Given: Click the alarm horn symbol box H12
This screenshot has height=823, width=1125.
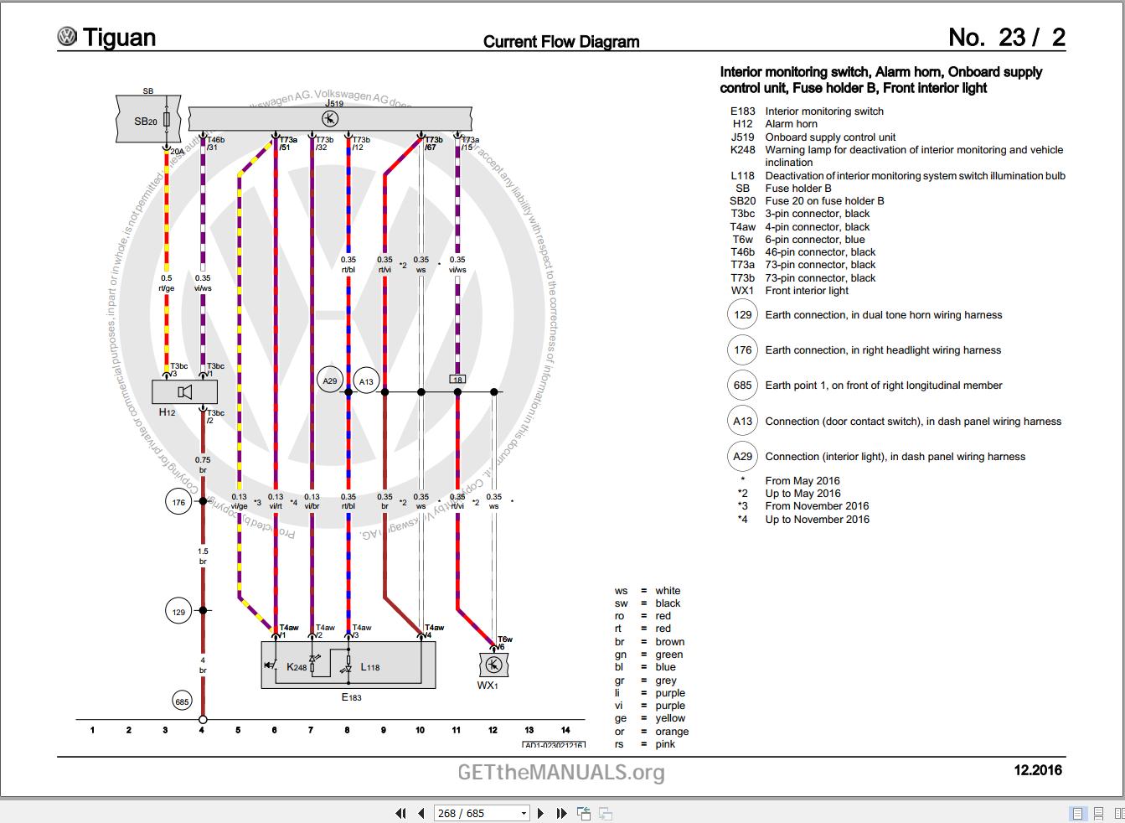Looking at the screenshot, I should click(184, 391).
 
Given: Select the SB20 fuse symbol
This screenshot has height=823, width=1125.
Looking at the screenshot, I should click(167, 121).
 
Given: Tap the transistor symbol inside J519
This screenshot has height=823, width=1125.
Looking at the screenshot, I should click(329, 118).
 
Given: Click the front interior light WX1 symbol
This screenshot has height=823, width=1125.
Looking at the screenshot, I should click(493, 665).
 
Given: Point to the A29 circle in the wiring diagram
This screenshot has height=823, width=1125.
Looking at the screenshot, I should click(329, 381).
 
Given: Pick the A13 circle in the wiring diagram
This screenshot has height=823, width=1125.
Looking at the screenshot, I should click(366, 382).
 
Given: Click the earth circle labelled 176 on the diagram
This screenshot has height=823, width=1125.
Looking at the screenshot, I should click(178, 503).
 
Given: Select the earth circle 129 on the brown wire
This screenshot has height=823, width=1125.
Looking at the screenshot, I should click(178, 612).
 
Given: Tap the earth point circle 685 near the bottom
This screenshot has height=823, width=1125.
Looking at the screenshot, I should click(182, 701).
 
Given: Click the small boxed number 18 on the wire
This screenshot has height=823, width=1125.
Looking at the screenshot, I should click(457, 380).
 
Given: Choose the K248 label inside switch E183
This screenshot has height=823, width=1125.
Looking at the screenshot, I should click(297, 667).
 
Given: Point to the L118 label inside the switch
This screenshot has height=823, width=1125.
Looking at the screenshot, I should click(370, 667).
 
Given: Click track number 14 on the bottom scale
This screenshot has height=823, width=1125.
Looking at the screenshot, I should click(565, 730).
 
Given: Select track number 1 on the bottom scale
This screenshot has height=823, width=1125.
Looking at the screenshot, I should click(92, 730).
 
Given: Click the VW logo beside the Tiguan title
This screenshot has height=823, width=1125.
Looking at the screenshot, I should click(67, 37).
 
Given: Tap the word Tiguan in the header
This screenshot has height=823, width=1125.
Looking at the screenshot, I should click(119, 38).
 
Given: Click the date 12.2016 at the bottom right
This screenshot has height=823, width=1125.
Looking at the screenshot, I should click(1038, 770).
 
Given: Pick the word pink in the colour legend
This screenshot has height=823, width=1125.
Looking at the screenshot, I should click(665, 744).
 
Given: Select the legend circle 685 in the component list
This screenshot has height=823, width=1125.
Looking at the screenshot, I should click(743, 386).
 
